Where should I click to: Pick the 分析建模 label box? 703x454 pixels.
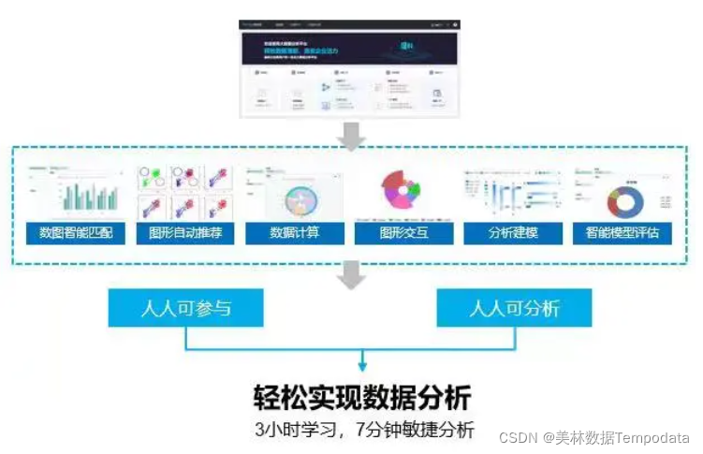point(513,232)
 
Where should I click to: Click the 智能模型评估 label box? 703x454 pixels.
point(622,232)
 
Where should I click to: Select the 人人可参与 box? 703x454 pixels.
point(185,307)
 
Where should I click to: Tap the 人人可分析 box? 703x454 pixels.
point(514,307)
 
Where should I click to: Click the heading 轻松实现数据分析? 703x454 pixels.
point(363,397)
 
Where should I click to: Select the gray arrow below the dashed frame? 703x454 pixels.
point(352,273)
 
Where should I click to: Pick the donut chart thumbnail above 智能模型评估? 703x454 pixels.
point(622,192)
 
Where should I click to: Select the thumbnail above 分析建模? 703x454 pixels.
point(513,192)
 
